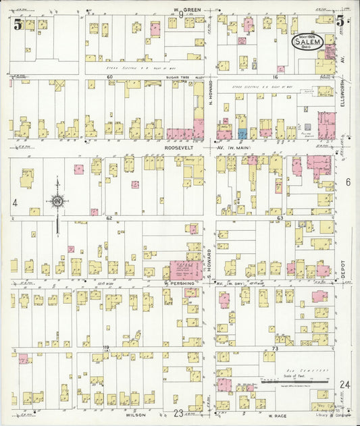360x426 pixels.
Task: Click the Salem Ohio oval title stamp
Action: pos(307,41)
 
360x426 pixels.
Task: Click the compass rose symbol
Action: pos(57,201)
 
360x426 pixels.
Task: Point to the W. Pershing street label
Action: pos(179,284)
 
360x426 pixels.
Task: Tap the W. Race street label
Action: pos(278,416)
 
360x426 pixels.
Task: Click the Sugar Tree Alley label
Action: pos(181,78)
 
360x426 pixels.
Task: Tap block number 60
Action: pos(109,78)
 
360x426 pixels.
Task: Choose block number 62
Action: pos(108,219)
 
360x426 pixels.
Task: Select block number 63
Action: pos(279,219)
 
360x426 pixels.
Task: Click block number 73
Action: pos(275,348)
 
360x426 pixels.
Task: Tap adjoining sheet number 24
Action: pos(345,384)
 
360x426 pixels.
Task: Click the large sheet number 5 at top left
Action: pos(18,25)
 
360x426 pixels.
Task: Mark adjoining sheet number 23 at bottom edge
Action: pos(178,413)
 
